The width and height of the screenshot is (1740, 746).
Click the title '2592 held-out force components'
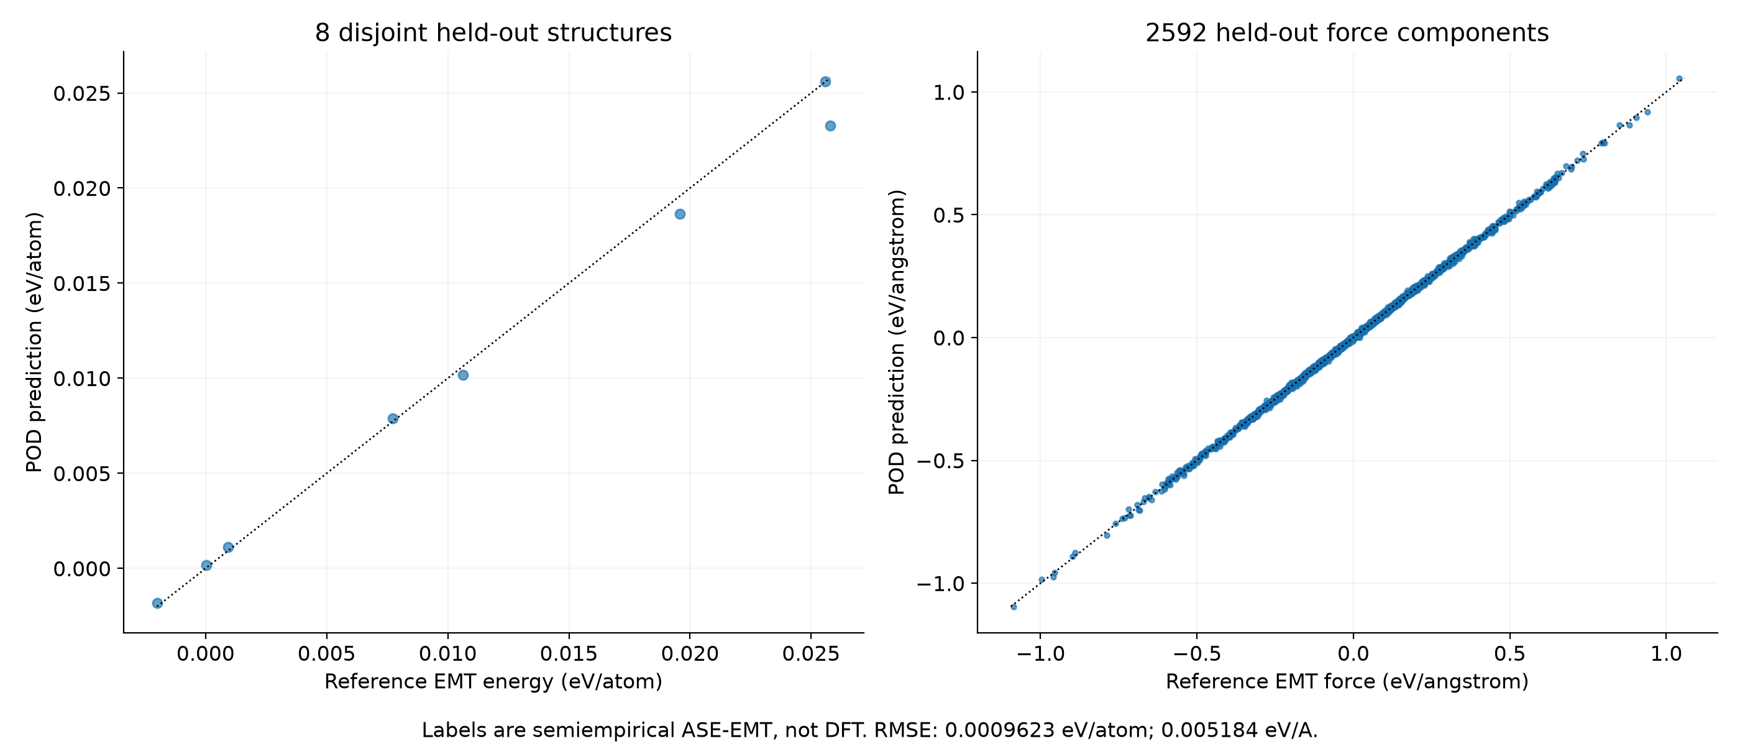(x=1347, y=32)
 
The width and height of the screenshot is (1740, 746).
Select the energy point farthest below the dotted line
(x=830, y=126)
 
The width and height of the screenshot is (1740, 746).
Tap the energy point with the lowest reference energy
(x=157, y=603)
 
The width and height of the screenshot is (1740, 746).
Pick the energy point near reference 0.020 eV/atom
(x=680, y=214)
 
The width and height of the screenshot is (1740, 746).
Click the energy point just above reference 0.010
(x=463, y=375)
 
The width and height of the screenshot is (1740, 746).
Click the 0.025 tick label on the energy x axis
(x=810, y=654)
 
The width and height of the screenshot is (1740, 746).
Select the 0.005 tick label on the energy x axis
(x=327, y=654)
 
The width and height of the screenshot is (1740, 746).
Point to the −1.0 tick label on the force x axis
(x=1040, y=654)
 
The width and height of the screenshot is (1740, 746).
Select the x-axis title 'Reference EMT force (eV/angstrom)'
(x=1347, y=681)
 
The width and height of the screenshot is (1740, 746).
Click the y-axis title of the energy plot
(x=34, y=342)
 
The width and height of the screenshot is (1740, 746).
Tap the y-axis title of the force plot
(x=896, y=342)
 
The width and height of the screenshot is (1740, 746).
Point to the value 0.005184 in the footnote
(x=1207, y=730)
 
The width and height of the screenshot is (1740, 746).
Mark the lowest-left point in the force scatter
(x=1013, y=607)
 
